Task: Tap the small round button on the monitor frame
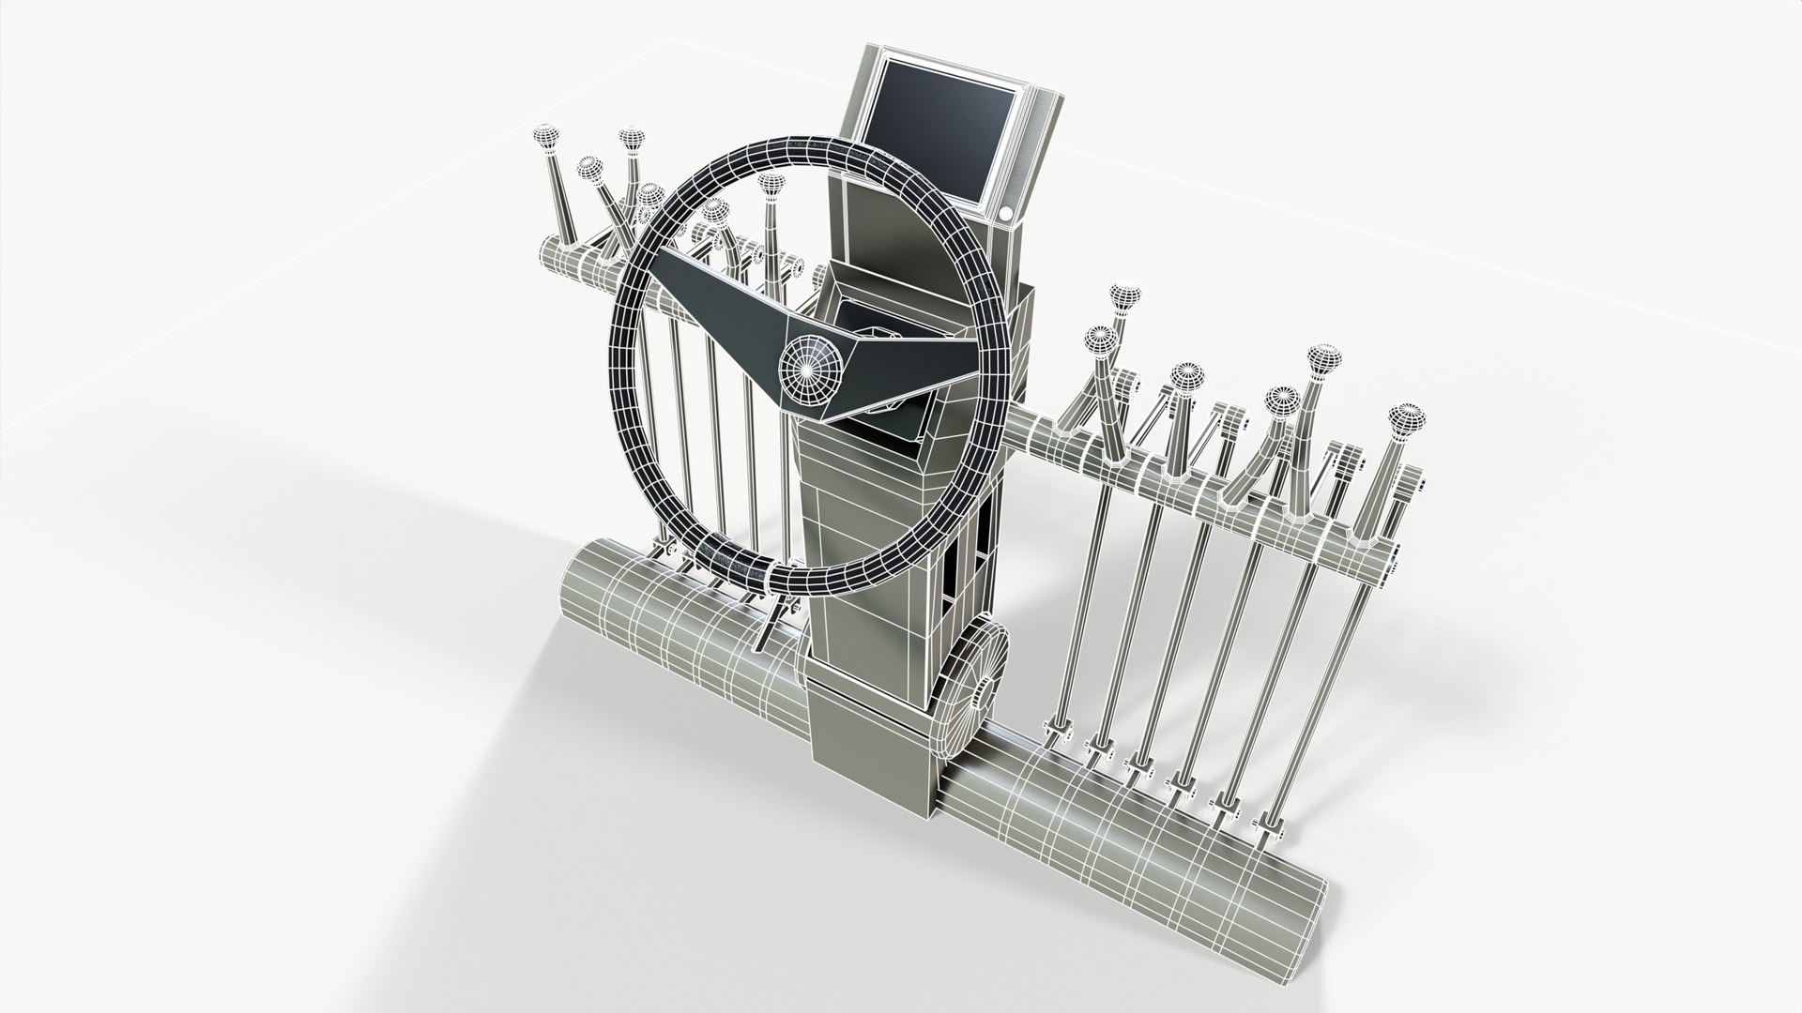pos(1005,215)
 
